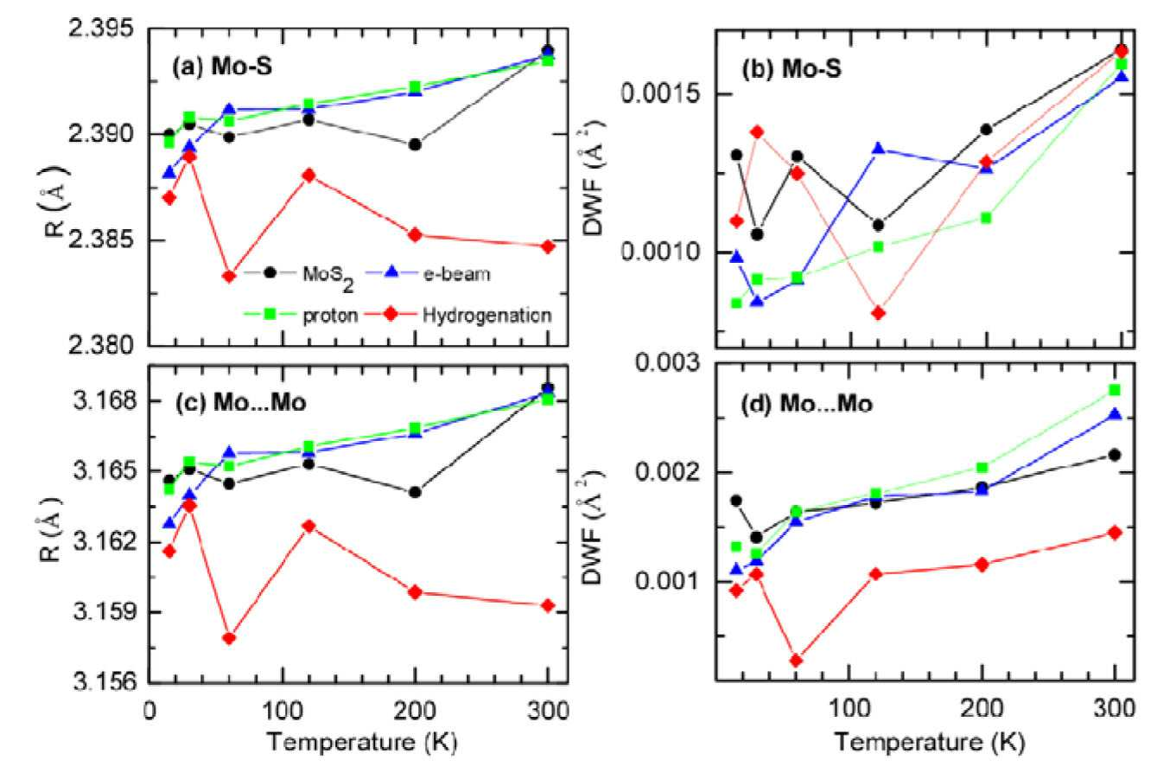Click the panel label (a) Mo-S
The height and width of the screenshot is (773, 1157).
click(221, 67)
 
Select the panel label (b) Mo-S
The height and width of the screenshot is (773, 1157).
click(791, 68)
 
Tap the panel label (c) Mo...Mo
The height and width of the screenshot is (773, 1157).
click(241, 403)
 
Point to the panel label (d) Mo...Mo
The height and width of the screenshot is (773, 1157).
click(807, 404)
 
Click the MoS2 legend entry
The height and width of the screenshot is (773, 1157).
click(299, 275)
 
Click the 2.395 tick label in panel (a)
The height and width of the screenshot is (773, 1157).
click(101, 29)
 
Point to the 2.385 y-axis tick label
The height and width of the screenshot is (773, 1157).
click(101, 240)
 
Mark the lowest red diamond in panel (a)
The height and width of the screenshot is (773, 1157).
click(229, 277)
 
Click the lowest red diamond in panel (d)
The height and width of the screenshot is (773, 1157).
click(797, 661)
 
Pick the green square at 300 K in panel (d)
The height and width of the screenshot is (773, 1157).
click(1115, 390)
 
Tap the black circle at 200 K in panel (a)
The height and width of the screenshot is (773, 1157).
click(414, 144)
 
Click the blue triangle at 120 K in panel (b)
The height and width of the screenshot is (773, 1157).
click(879, 149)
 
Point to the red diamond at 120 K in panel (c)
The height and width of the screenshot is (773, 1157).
click(308, 527)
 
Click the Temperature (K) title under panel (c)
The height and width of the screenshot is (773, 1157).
click(361, 742)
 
